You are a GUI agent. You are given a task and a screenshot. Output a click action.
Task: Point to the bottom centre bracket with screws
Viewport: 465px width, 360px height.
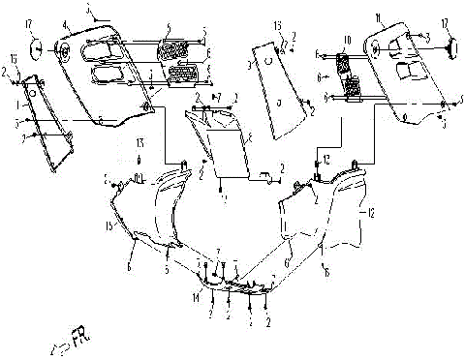point(232,286)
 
